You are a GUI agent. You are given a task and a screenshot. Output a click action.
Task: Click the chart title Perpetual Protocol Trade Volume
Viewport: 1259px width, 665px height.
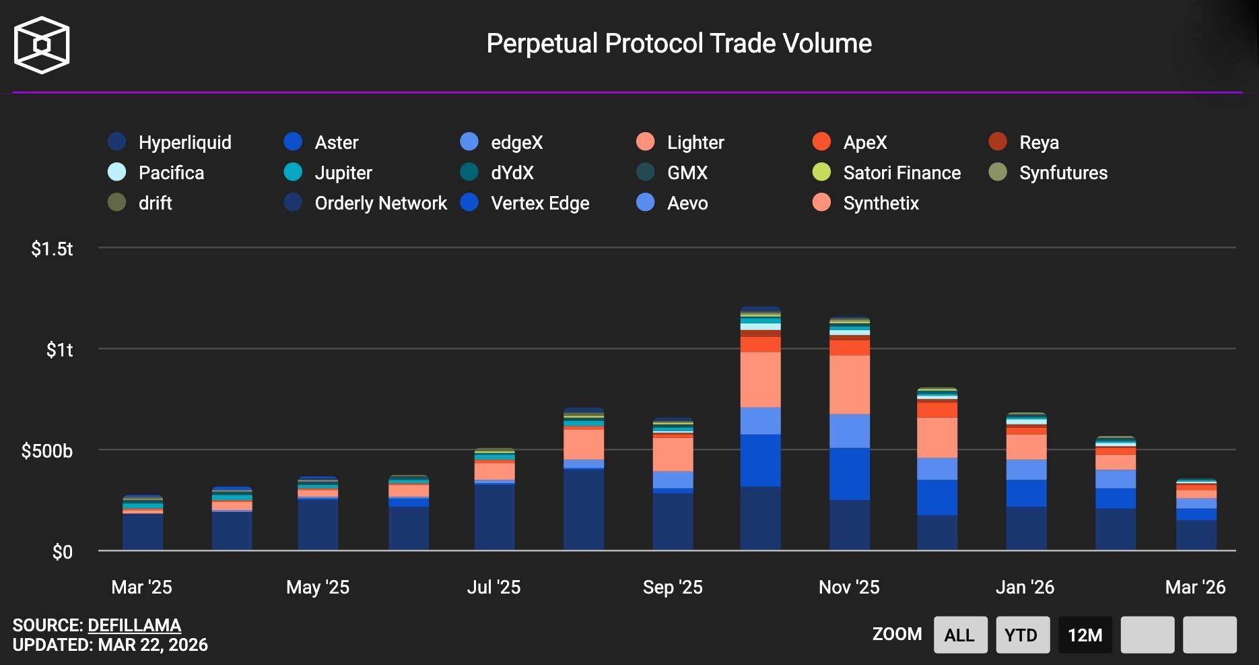pyautogui.click(x=679, y=44)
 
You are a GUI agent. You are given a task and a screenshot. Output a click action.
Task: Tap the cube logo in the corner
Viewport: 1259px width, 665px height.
pyautogui.click(x=42, y=45)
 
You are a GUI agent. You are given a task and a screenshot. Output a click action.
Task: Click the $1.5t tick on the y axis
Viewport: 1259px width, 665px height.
pyautogui.click(x=52, y=249)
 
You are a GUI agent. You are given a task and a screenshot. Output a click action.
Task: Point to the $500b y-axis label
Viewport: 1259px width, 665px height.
pyautogui.click(x=46, y=451)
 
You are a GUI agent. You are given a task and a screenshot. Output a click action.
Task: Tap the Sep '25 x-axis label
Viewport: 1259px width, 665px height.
pyautogui.click(x=673, y=587)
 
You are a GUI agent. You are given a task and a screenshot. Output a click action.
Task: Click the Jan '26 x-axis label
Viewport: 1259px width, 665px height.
pyautogui.click(x=1025, y=587)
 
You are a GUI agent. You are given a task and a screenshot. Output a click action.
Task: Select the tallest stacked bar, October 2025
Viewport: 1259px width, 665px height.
pyautogui.click(x=761, y=431)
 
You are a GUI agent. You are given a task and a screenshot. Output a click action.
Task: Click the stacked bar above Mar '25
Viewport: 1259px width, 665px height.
pyautogui.click(x=143, y=526)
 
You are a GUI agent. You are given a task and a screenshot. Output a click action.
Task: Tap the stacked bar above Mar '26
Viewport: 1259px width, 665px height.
pyautogui.click(x=1196, y=519)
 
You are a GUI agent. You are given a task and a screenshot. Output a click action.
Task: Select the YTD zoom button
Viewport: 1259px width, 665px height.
pyautogui.click(x=1022, y=635)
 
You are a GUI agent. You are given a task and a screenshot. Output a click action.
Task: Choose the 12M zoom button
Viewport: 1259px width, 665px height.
pyautogui.click(x=1085, y=635)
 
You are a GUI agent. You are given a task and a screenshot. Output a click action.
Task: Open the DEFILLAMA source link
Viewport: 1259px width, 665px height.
pyautogui.click(x=134, y=625)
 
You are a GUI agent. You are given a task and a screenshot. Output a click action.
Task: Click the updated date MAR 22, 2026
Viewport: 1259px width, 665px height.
pyautogui.click(x=153, y=645)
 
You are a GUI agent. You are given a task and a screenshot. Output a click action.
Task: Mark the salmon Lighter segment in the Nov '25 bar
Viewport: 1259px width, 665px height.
pyautogui.click(x=850, y=384)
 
